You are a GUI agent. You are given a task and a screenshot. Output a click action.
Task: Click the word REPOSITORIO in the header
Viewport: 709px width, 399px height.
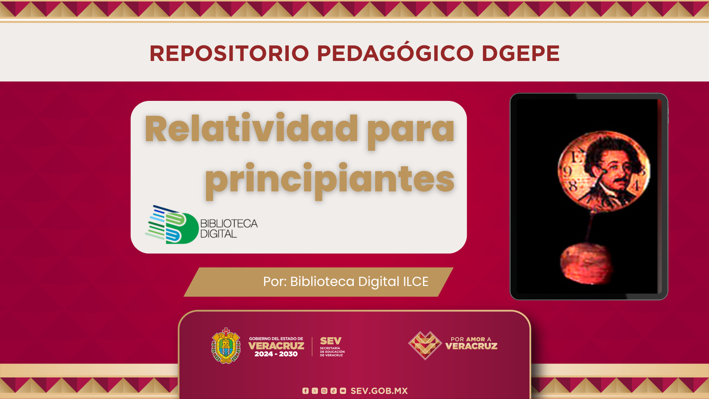(x=229, y=54)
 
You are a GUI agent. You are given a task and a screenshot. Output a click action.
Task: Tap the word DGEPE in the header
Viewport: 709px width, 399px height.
(x=521, y=54)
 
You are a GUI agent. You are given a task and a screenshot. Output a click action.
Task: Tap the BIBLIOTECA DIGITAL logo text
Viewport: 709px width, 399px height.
(x=229, y=229)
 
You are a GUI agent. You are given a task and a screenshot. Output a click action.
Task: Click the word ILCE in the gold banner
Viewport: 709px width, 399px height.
(x=415, y=282)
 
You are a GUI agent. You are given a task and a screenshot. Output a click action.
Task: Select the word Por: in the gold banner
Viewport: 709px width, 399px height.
(x=275, y=282)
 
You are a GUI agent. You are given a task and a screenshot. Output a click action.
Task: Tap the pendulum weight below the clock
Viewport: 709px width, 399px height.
(x=586, y=263)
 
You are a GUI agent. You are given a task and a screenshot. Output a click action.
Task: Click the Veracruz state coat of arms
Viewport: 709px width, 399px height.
(x=226, y=346)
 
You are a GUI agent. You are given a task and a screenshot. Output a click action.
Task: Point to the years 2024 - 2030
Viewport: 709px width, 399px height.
(x=276, y=354)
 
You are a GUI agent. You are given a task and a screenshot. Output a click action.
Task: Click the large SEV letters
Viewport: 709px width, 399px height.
(x=331, y=341)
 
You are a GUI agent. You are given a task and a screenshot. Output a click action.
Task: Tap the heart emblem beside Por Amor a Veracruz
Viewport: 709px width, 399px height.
(x=425, y=345)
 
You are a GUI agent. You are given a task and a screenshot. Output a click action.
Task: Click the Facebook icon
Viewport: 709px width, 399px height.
(x=305, y=391)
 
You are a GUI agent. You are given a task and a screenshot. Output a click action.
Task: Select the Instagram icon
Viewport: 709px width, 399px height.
(x=324, y=391)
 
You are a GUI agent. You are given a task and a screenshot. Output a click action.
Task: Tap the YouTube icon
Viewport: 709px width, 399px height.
(x=343, y=391)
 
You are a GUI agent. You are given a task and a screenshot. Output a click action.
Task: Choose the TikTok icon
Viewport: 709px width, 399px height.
(x=333, y=391)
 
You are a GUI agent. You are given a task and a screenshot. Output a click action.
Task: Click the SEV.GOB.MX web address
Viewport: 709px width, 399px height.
(x=379, y=391)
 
